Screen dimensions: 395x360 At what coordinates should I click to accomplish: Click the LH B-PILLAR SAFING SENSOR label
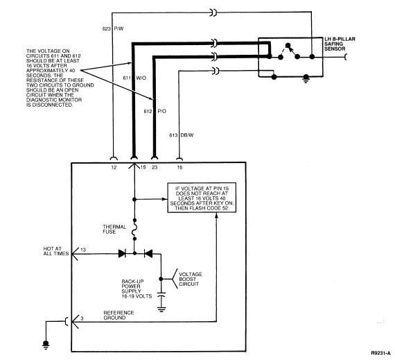(340, 44)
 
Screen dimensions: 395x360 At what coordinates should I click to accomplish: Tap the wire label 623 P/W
(113, 28)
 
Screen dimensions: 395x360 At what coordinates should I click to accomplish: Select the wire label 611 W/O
(134, 78)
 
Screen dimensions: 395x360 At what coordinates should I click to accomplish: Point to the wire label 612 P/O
(155, 111)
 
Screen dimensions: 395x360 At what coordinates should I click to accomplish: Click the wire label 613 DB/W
(182, 135)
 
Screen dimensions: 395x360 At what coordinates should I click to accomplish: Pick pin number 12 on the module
(114, 167)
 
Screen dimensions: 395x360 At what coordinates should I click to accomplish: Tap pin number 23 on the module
(155, 167)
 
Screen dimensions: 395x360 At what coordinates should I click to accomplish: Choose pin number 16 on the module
(179, 167)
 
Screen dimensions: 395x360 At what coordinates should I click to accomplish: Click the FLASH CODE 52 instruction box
(202, 198)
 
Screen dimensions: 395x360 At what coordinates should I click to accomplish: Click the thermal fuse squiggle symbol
(134, 229)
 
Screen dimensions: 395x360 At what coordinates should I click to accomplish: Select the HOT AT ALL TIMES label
(56, 251)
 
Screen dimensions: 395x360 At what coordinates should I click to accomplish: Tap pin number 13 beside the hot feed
(83, 250)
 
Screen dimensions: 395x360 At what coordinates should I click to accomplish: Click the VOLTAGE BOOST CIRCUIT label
(191, 279)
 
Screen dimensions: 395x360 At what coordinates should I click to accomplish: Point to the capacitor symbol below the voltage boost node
(161, 295)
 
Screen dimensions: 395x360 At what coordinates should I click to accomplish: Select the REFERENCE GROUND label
(119, 315)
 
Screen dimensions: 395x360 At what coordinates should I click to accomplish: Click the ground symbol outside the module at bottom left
(46, 345)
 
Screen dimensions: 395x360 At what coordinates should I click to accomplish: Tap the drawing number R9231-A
(380, 353)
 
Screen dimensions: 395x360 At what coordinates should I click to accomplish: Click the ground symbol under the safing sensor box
(306, 78)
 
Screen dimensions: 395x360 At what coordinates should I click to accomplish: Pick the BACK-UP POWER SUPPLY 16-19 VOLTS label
(137, 289)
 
